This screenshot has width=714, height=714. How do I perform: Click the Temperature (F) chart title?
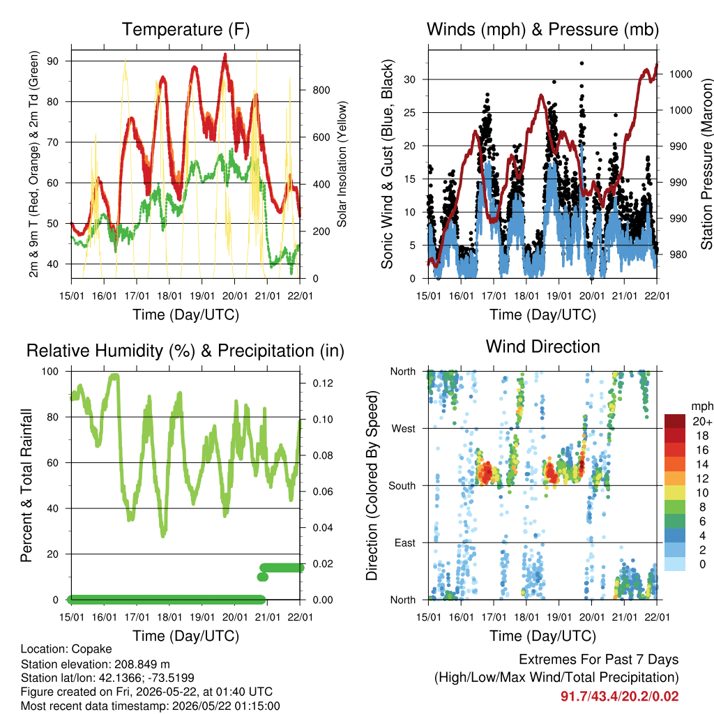tap(185, 29)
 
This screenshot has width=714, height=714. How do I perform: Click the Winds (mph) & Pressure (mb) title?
tap(542, 29)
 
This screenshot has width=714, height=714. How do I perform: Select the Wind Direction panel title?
tap(542, 347)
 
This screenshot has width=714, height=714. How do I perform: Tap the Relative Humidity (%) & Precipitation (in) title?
tap(185, 351)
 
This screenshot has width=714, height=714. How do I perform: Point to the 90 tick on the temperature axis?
tap(53, 61)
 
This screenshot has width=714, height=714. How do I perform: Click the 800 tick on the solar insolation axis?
tap(321, 90)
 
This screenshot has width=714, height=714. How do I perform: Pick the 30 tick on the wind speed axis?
tap(410, 79)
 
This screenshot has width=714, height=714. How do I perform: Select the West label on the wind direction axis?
tap(404, 429)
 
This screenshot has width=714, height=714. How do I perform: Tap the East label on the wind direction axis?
tap(405, 542)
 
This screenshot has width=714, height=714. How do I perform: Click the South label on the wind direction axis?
tap(402, 486)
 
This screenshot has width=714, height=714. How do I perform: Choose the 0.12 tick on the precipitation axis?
tap(323, 383)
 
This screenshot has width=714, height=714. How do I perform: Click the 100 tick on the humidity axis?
tap(50, 372)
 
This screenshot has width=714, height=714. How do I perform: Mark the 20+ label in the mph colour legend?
tap(702, 422)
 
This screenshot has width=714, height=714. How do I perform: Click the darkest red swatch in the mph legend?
tap(675, 421)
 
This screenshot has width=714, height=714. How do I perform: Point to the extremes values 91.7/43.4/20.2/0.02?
tap(619, 697)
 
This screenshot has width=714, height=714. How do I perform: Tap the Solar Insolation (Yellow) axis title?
tap(342, 164)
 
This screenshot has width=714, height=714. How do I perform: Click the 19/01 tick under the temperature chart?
tap(202, 296)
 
